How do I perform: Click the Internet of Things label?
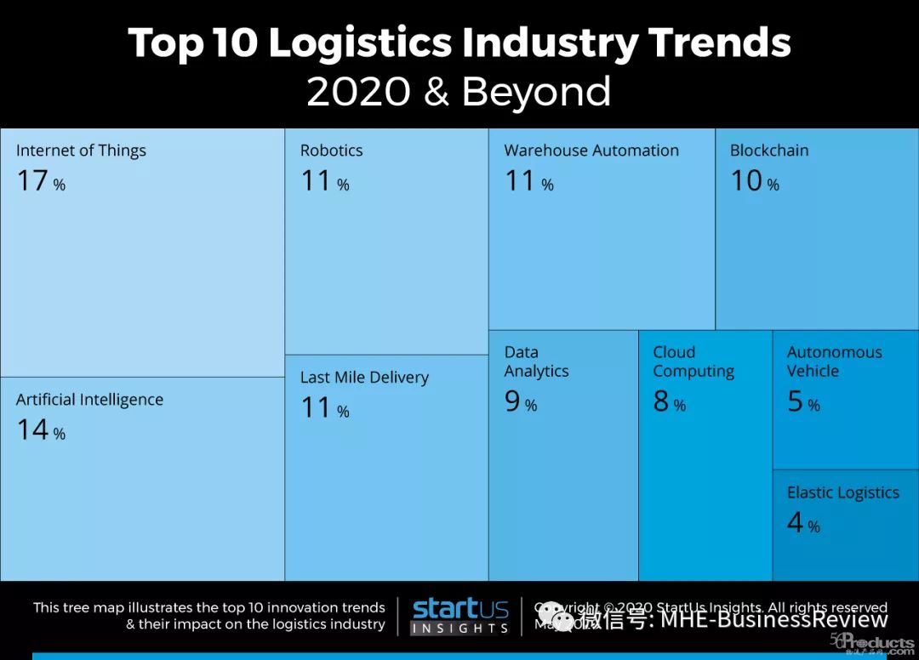(81, 151)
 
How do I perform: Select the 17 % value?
(41, 181)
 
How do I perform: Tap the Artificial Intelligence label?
(89, 400)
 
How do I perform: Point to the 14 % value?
(41, 430)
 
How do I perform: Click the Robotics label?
(331, 151)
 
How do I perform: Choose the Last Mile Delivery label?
(364, 378)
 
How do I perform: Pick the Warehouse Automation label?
(591, 151)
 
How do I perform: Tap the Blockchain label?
(769, 151)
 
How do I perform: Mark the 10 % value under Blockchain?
(754, 181)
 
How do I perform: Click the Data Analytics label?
(536, 361)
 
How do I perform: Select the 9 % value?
(520, 402)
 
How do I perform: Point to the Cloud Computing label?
(694, 361)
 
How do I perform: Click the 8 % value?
(669, 402)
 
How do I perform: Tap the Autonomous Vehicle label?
(834, 361)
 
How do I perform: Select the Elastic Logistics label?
(842, 493)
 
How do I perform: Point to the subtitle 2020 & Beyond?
(459, 92)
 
